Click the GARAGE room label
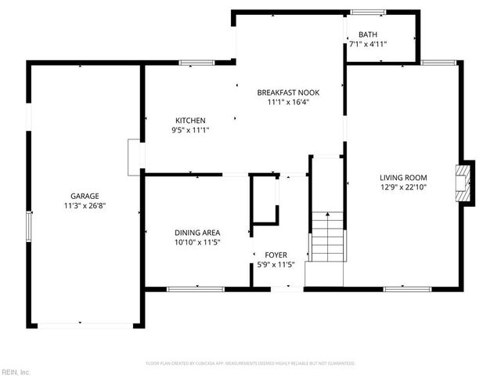pos(85,196)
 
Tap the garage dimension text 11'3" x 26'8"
pos(85,206)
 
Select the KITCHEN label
pos(190,120)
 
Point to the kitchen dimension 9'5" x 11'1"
pos(190,130)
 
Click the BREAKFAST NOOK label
pos(288,92)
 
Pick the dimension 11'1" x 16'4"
pos(288,102)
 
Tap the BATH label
pos(368,34)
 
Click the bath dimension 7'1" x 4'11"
pos(368,44)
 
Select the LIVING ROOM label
pos(403,177)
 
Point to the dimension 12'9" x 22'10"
pos(403,187)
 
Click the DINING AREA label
pos(196,233)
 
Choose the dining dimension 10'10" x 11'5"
pos(196,243)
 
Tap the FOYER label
pos(275,255)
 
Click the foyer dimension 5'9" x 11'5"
pos(275,266)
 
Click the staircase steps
pos(326,237)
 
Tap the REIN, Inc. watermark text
pos(15,371)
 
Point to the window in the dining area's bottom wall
pos(189,289)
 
